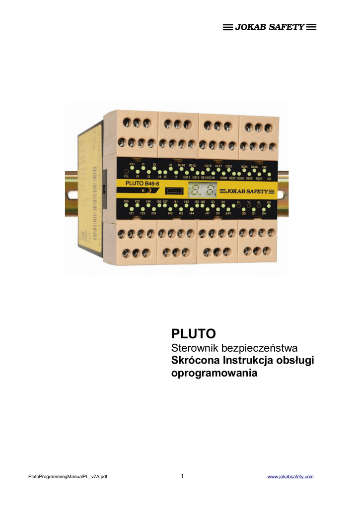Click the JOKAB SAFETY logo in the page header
pyautogui.click(x=270, y=27)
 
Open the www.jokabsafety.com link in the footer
pyautogui.click(x=290, y=477)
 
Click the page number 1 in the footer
pyautogui.click(x=182, y=476)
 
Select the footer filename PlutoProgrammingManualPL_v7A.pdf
pyautogui.click(x=68, y=477)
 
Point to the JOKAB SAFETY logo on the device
pyautogui.click(x=246, y=191)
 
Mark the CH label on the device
pyautogui.click(x=132, y=164)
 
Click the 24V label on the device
pyautogui.click(x=228, y=213)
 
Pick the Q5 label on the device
pyautogui.click(x=269, y=202)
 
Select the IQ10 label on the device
pyautogui.click(x=181, y=165)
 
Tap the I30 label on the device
pyautogui.click(x=126, y=201)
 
